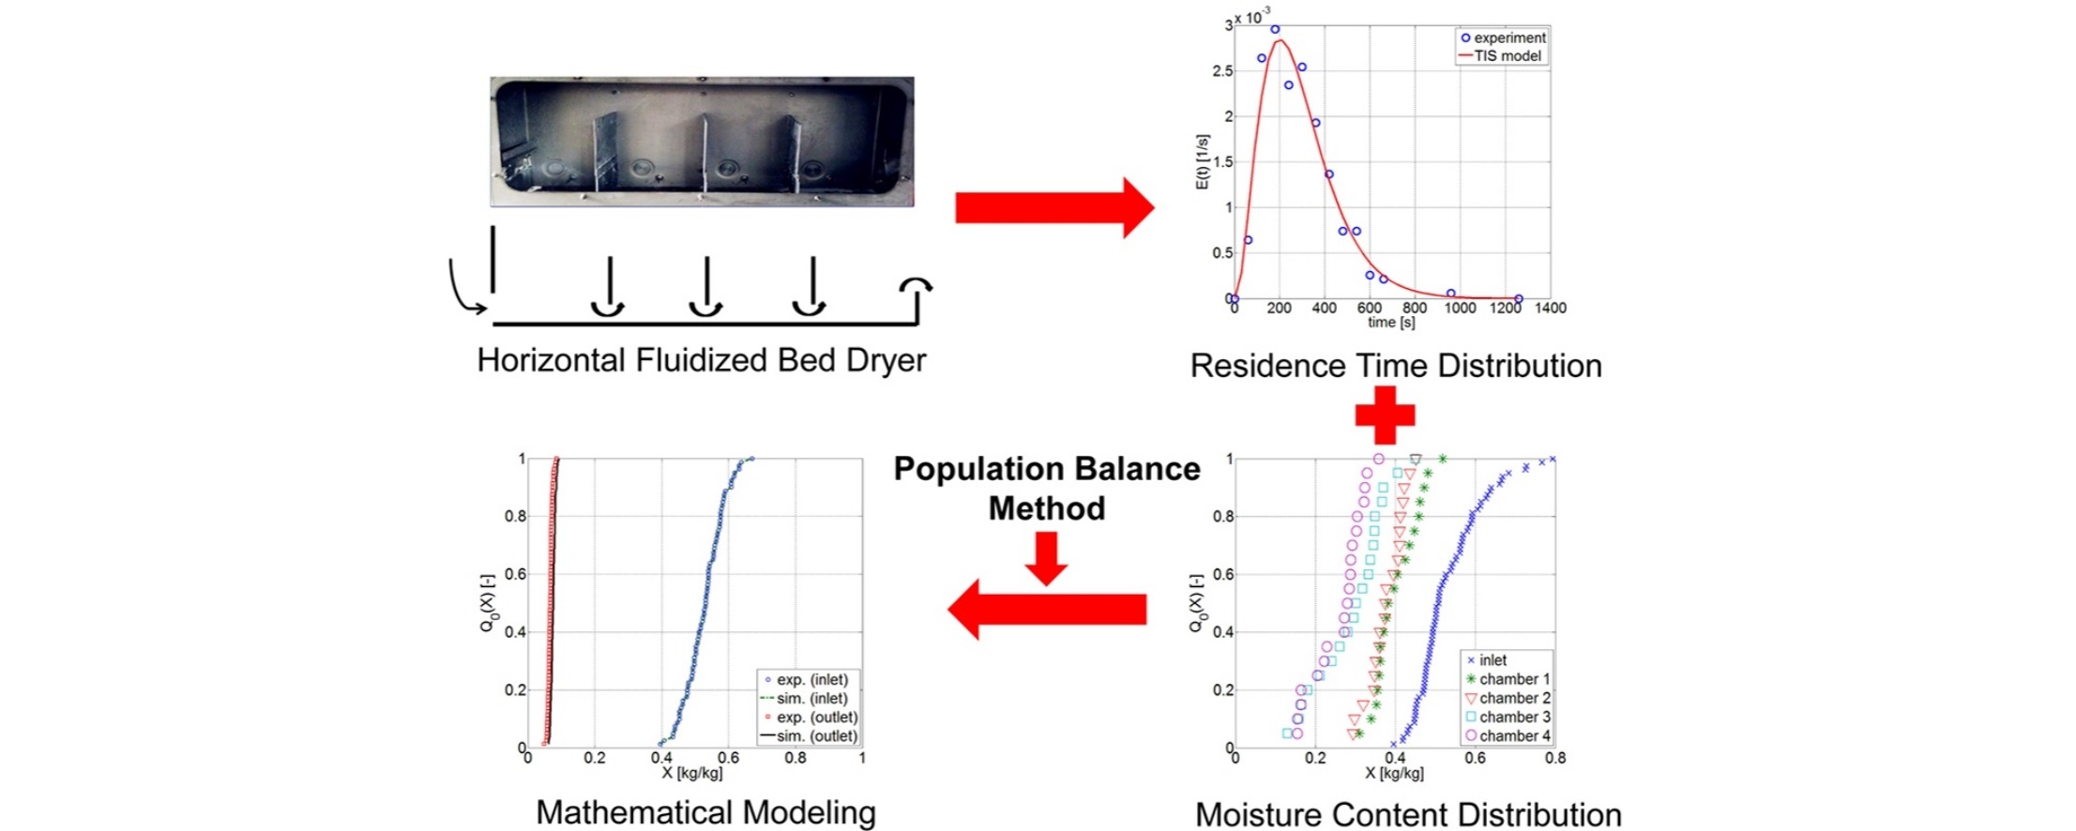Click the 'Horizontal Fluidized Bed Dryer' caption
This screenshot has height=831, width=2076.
point(701,361)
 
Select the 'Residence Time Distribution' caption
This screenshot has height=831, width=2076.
point(1396,366)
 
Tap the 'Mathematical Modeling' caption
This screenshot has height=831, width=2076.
point(705,812)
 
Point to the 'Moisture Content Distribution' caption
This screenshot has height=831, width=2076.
point(1408,814)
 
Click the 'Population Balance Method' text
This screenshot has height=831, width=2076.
point(1047,488)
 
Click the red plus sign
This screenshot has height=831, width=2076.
point(1385,414)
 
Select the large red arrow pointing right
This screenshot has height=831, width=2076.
point(1054,207)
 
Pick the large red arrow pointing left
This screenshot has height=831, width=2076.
point(1047,610)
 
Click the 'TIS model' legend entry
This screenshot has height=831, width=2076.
point(1500,56)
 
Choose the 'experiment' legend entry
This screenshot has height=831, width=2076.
point(1503,38)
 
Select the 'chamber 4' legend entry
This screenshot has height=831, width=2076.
point(1508,736)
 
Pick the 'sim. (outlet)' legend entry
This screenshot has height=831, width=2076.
point(809,736)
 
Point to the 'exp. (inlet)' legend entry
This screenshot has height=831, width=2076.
point(806,680)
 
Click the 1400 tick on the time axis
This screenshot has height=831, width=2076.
point(1550,308)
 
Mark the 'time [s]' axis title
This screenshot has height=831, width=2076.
point(1391,323)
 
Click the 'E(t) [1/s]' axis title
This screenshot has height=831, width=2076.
point(1202,162)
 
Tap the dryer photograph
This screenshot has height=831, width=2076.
point(702,142)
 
